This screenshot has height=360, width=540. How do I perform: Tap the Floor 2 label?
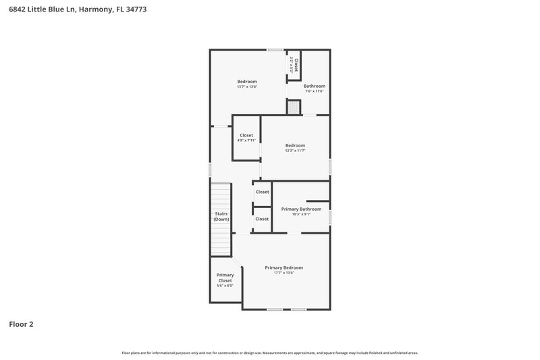pos(21,324)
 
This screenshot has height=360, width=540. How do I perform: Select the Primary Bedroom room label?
pos(283,267)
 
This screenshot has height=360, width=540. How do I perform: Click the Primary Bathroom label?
pos(301,209)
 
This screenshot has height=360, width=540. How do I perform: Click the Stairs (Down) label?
pos(221,216)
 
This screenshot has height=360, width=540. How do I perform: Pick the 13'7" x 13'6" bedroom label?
pos(247,82)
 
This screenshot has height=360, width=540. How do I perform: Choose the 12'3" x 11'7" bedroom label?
pos(295,145)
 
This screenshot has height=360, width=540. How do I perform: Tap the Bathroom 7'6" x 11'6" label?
pos(315,86)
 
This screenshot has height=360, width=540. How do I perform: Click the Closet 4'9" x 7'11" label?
pos(246,135)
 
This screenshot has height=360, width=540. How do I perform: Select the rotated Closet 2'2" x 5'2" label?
pos(294,64)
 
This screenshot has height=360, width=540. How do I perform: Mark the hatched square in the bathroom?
pos(294,107)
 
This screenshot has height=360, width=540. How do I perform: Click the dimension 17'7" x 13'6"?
pos(283,274)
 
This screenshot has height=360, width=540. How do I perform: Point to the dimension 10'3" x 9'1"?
pos(301,215)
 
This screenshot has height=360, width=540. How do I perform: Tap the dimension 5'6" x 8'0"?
pos(225,286)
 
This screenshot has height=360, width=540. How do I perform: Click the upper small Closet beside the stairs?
pos(262,192)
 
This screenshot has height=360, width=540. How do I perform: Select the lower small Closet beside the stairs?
pos(262,219)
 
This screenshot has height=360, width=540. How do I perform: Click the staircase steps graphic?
pos(221,196)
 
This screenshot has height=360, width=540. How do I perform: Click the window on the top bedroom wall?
pos(274,49)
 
